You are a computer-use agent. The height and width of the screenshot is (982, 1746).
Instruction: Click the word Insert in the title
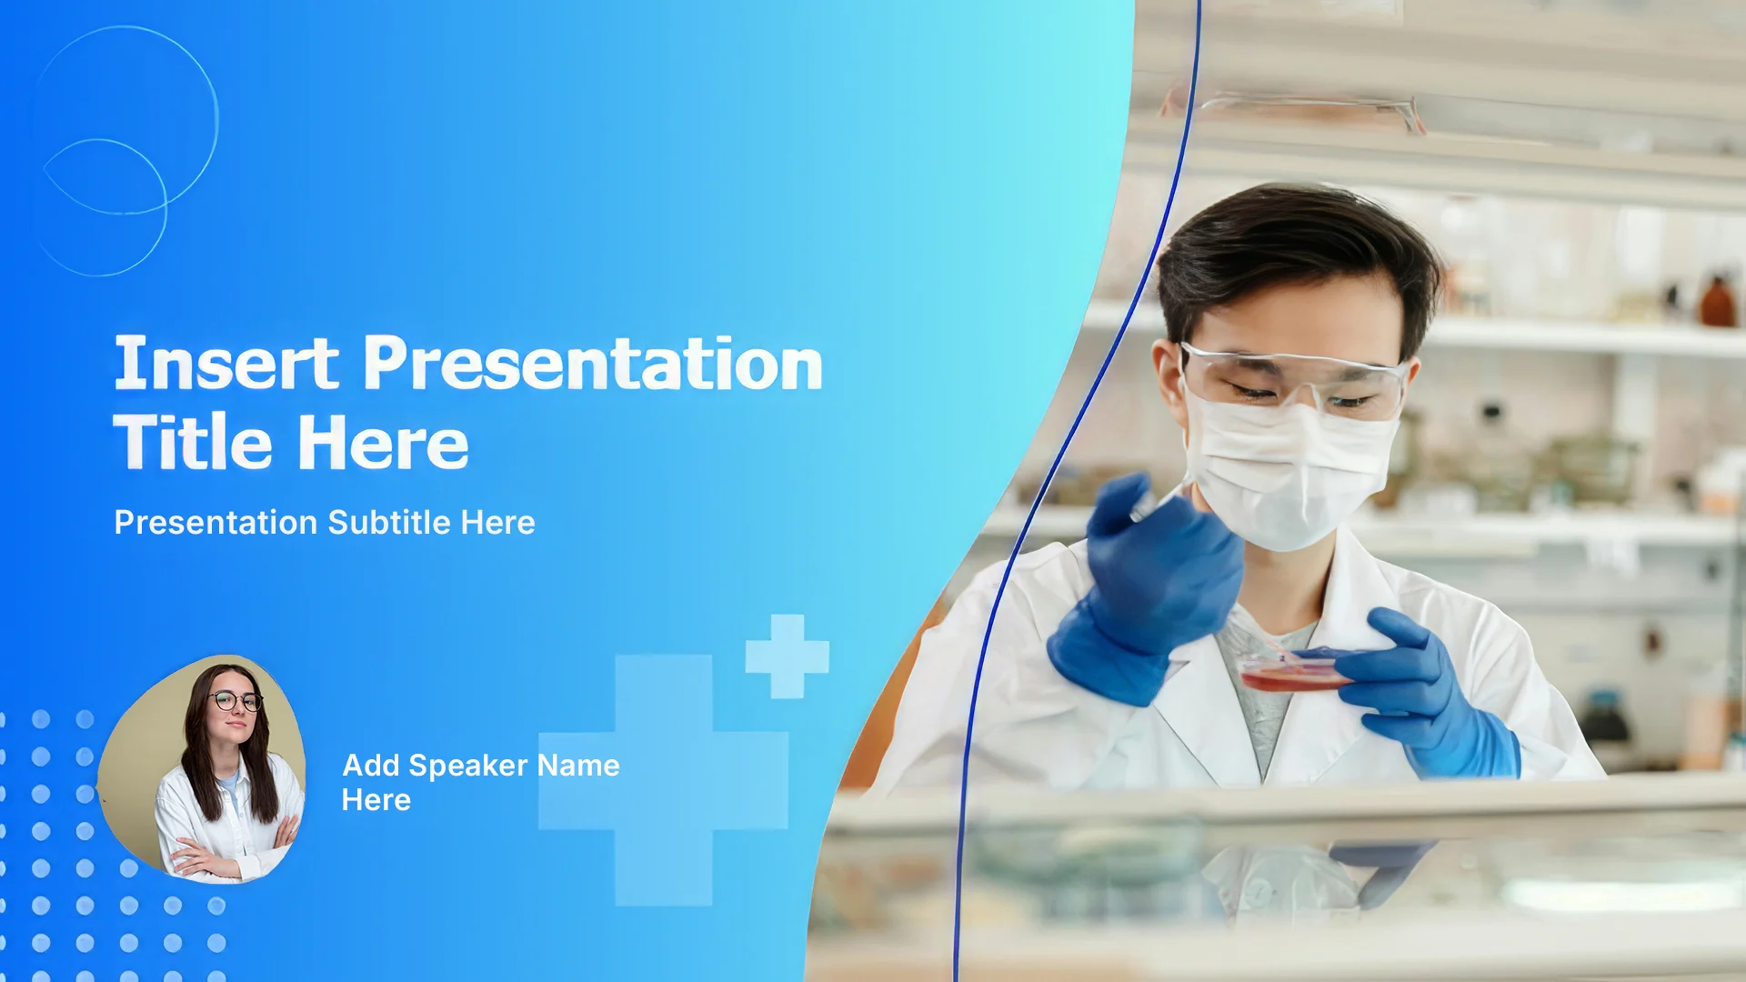(226, 363)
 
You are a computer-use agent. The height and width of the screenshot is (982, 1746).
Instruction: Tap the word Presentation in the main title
(593, 363)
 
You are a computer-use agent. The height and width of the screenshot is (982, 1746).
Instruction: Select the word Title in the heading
(193, 442)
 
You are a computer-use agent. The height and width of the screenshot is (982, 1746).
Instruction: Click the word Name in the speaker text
(578, 766)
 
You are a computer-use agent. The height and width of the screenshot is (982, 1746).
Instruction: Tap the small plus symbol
(788, 656)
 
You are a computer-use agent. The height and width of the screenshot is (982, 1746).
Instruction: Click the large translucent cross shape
(664, 780)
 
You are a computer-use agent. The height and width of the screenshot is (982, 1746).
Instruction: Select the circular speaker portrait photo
(201, 768)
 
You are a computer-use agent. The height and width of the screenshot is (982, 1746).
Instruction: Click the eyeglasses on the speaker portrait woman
(235, 701)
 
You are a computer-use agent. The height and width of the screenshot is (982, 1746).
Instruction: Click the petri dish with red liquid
(1295, 674)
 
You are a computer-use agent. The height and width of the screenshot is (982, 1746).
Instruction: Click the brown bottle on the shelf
(1718, 301)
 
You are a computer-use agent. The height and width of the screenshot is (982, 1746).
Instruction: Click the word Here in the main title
(383, 442)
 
